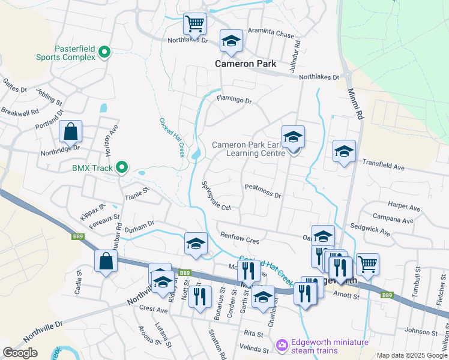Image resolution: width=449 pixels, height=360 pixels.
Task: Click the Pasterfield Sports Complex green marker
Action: pos(104,53)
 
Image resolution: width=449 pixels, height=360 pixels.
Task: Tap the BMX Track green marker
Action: pos(122,167)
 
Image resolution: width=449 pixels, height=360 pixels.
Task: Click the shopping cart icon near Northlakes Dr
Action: pos(194,24)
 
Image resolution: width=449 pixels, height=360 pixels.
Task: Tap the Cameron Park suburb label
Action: pos(246,64)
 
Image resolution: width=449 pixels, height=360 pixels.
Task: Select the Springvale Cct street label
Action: pos(215,196)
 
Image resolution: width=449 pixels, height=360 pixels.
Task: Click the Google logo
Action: pos(20,352)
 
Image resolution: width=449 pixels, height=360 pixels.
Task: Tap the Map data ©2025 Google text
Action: pos(411,355)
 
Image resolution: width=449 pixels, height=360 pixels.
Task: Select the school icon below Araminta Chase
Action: pos(231,41)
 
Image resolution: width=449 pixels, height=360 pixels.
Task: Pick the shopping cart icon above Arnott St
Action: pos(367,263)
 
